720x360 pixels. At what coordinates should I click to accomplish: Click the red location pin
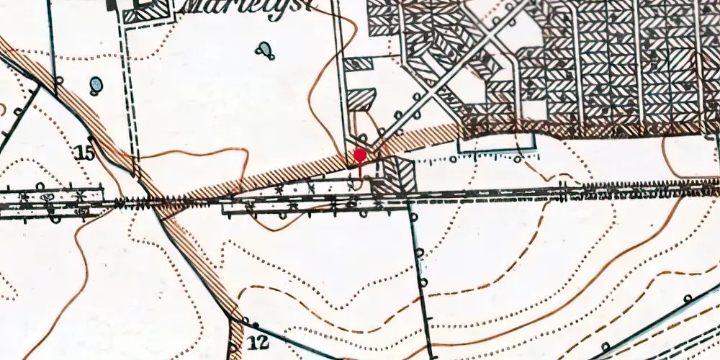click(360, 157)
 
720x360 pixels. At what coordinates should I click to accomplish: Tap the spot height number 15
click(84, 152)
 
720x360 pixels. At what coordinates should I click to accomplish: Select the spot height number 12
click(261, 342)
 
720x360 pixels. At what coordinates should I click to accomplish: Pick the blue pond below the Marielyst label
click(266, 50)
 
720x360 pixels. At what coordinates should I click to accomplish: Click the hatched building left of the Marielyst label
click(148, 11)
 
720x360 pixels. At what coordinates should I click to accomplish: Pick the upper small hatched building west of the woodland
click(357, 64)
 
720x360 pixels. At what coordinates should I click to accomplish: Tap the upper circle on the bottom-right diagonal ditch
click(688, 297)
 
